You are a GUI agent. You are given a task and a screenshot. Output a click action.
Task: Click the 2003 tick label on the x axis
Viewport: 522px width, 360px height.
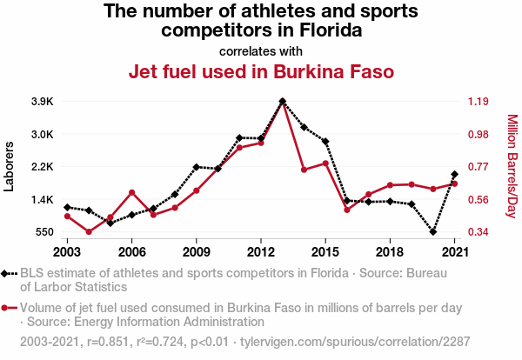[67, 251]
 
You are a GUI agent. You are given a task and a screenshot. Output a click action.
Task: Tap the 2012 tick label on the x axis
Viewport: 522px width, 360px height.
[260, 251]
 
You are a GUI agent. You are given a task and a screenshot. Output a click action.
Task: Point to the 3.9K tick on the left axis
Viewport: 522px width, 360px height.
[43, 102]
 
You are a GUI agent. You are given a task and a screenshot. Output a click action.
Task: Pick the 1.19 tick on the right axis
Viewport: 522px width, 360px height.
[479, 102]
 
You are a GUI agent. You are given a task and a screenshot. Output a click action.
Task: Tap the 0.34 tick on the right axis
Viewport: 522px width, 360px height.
[479, 232]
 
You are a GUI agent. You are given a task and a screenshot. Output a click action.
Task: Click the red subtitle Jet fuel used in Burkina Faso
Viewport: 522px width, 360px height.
[261, 70]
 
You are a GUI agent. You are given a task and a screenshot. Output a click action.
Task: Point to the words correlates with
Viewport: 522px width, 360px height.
[261, 50]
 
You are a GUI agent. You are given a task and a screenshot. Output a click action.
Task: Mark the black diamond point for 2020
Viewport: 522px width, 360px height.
[433, 232]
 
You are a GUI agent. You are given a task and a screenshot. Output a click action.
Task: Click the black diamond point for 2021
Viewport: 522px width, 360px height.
[454, 175]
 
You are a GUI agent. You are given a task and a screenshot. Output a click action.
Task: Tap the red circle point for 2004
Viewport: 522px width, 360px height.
[89, 231]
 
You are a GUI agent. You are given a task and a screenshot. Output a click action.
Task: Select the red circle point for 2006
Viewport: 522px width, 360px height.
[131, 192]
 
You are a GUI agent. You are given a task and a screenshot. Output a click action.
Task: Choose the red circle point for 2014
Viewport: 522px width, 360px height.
[304, 170]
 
